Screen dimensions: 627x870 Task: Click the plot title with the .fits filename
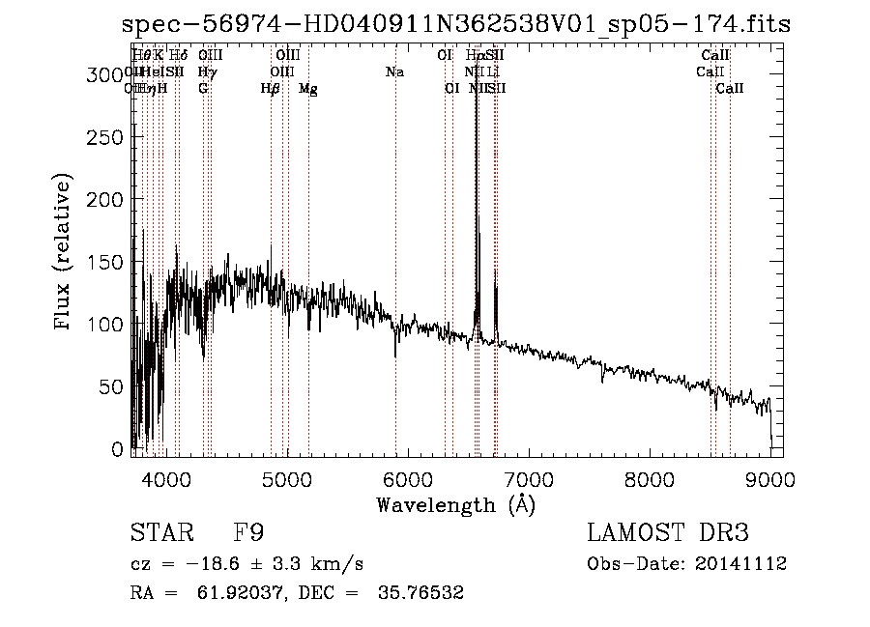[456, 25]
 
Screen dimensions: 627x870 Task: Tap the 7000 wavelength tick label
[529, 478]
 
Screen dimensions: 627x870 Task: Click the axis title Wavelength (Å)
[455, 504]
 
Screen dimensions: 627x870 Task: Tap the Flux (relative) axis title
[65, 253]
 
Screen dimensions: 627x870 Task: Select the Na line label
[394, 72]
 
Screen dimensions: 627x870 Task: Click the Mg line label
[308, 89]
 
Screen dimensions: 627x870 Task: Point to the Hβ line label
[271, 89]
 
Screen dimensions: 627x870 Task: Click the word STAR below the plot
[159, 533]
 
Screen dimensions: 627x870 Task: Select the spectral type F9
[248, 533]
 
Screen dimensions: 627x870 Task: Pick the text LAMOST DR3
[668, 533]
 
